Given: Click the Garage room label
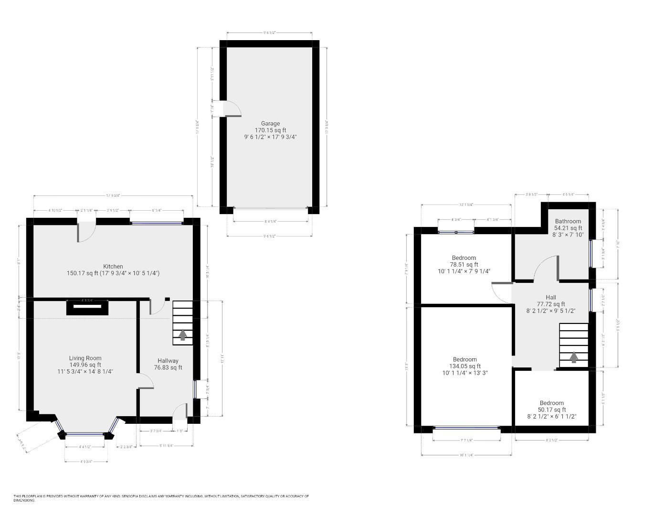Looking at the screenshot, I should (270, 123).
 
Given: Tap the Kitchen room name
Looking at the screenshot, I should (113, 267).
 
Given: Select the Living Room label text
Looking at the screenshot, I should (85, 358).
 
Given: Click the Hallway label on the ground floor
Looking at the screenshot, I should (168, 361).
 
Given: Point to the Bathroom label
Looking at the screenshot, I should (568, 221).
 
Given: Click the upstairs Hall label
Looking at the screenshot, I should (551, 297).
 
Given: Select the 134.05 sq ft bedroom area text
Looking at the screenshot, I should (464, 366).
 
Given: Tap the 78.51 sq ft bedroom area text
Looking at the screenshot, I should (464, 265).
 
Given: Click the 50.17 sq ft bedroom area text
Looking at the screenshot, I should (552, 410).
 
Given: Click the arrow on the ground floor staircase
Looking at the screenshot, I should (182, 334).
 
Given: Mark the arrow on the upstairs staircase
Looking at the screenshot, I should (574, 357).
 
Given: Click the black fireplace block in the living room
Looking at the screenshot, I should (87, 307).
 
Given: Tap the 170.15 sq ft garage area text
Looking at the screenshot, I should (270, 130).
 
